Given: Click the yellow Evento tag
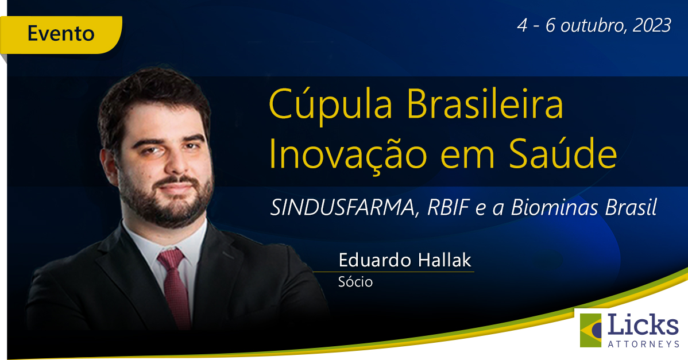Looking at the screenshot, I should point(60,34).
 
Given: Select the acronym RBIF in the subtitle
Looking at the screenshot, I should point(449,207).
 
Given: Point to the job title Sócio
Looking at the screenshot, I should point(355,282).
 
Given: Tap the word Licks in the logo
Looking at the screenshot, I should point(643,326).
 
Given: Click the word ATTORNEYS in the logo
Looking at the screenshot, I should point(643,343).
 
